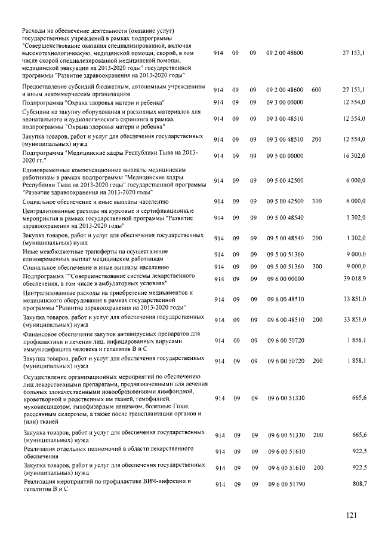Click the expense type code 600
316,90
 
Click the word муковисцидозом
47,405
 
